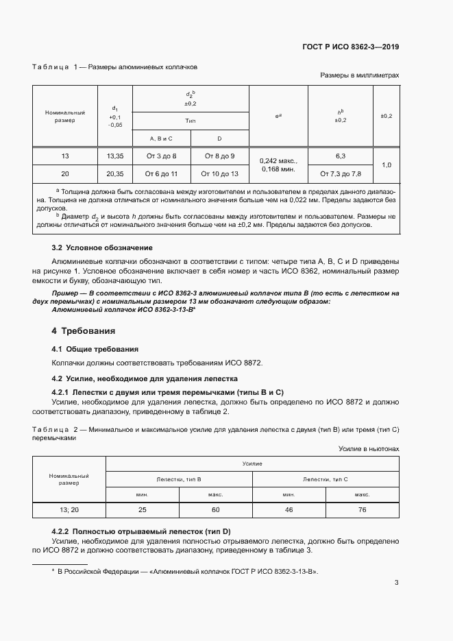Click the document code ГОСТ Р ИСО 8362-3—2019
coord(350,47)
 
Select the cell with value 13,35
coord(115,156)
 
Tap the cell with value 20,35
coord(115,174)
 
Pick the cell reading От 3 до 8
coord(161,156)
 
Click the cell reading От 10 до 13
coord(219,174)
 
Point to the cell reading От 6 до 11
coord(161,174)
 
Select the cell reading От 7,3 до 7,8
coord(340,174)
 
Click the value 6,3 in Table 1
coord(340,156)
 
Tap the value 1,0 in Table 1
coord(386,165)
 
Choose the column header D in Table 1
coord(219,138)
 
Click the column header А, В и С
coord(161,138)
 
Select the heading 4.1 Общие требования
coord(95,349)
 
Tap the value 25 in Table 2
coord(143,510)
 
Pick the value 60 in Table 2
coord(215,510)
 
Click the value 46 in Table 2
coord(289,510)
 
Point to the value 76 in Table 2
coord(362,510)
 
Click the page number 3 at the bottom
coord(397,583)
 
